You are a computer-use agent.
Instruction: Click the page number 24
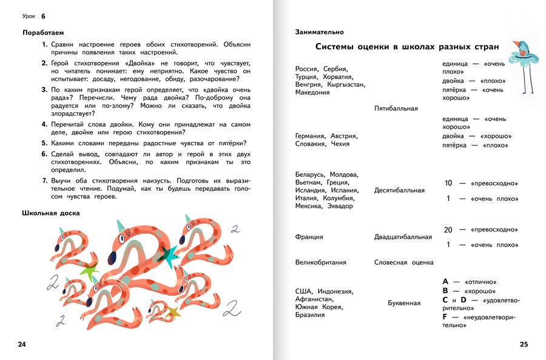(22, 345)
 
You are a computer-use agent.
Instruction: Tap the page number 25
(524, 345)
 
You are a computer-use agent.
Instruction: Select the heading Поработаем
(42, 32)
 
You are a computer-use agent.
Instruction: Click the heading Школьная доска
(50, 213)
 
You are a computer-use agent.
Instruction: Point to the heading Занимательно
(319, 32)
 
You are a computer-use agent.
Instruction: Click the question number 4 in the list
(45, 124)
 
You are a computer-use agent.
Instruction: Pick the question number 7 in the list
(45, 181)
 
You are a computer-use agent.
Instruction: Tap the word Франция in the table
(309, 237)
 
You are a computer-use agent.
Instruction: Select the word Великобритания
(321, 263)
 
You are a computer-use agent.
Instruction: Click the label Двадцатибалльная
(403, 237)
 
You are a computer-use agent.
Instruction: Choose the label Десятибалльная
(399, 190)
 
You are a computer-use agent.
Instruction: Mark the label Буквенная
(404, 302)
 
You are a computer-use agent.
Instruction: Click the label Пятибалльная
(396, 109)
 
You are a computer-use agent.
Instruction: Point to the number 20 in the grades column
(448, 230)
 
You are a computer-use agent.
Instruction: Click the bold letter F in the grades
(445, 317)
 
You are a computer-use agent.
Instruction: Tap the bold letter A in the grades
(446, 282)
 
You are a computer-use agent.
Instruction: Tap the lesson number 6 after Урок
(44, 15)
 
